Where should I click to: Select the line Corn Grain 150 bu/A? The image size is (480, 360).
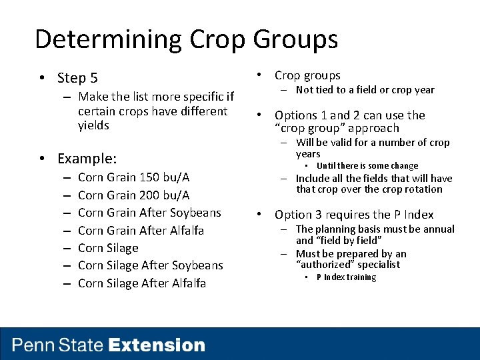coord(133,177)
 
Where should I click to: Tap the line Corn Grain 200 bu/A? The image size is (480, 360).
coord(133,195)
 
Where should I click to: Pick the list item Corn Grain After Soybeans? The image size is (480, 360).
coord(149,213)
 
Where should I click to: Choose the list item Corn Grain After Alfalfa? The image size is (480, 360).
coord(141,231)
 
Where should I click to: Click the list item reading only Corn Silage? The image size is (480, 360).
coord(108,248)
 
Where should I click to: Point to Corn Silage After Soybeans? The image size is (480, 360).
coord(150,265)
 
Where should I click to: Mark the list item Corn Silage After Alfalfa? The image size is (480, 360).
coord(141,283)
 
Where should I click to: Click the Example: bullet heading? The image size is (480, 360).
coord(87,159)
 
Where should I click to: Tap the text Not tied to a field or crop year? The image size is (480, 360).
coord(365,90)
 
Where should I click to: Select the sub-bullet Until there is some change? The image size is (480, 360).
coord(367,166)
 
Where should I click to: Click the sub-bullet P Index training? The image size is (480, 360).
coord(346,277)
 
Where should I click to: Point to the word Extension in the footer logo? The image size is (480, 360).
coord(157,345)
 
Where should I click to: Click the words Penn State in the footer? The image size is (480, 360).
coord(58,345)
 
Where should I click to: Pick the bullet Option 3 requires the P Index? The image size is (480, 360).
coord(354,215)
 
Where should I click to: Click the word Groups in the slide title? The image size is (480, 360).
coord(295,39)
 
